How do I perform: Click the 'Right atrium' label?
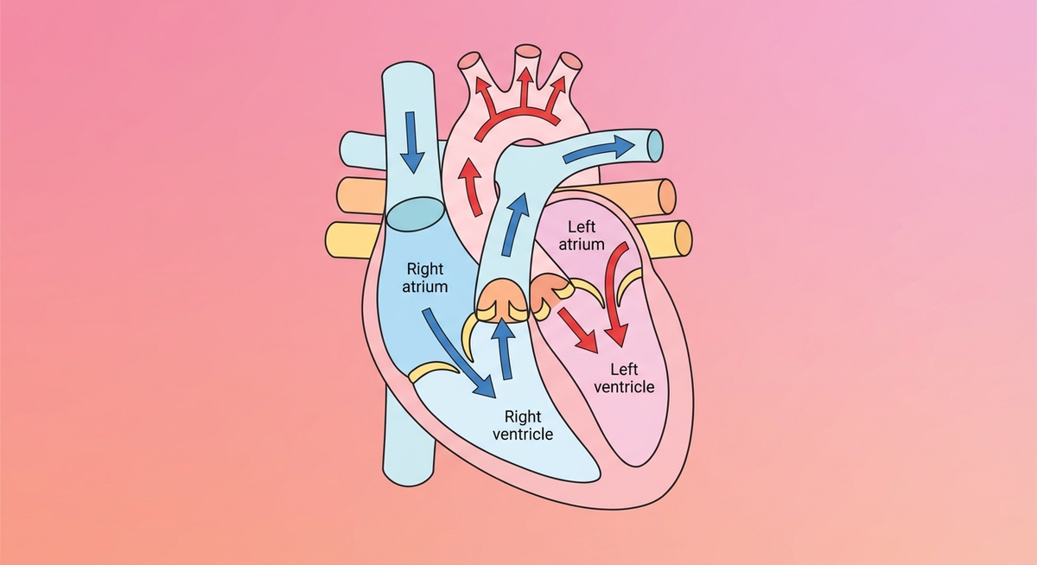click(x=425, y=277)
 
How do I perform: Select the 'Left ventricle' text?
click(x=620, y=378)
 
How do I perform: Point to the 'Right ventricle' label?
click(x=522, y=425)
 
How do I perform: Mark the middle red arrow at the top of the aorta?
click(x=524, y=86)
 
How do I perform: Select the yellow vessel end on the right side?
click(x=682, y=238)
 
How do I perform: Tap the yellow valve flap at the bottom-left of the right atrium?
click(x=433, y=371)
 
